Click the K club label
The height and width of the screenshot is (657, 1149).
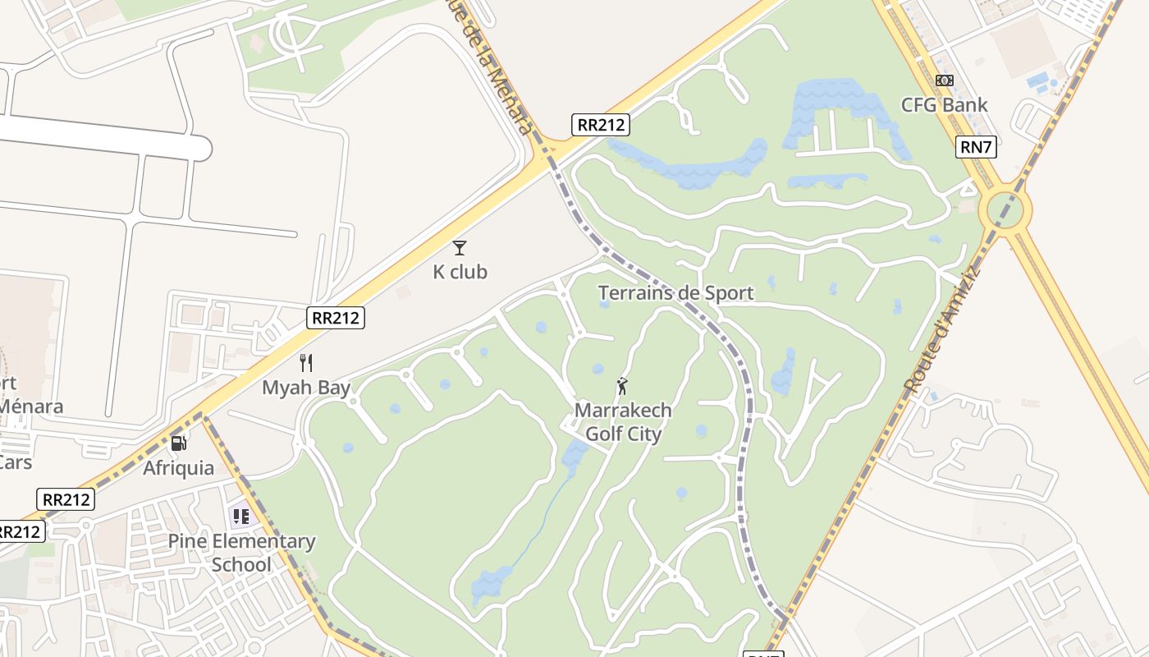[460, 272]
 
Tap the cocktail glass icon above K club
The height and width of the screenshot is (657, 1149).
[460, 247]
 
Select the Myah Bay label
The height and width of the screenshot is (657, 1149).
[306, 388]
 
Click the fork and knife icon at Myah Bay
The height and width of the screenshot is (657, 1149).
[306, 362]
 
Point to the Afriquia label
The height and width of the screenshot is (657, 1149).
[178, 468]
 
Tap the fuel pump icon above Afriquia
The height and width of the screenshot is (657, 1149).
[178, 443]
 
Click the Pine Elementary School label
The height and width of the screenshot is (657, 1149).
[241, 553]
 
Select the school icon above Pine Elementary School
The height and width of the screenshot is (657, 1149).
[240, 517]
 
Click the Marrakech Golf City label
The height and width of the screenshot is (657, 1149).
[623, 422]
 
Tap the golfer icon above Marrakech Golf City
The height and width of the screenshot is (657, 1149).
[622, 385]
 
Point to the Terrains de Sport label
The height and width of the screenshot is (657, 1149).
[675, 293]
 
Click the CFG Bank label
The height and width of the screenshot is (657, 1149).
[944, 105]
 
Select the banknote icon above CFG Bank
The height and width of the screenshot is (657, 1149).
[944, 80]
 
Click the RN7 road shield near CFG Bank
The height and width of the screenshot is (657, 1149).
[976, 147]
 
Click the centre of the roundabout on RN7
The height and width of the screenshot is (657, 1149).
[1005, 211]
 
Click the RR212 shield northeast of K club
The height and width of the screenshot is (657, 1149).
[601, 125]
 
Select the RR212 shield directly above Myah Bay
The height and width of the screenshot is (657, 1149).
[336, 318]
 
